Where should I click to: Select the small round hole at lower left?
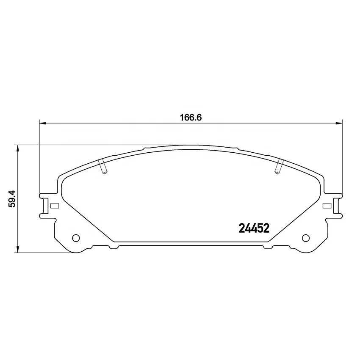coord(76,238)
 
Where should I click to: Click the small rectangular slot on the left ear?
coord(53,206)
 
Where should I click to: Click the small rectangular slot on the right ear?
coord(327,206)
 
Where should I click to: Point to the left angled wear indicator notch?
coord(102,167)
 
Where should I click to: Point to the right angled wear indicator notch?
coord(279,167)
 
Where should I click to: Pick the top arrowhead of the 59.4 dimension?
coord(17,148)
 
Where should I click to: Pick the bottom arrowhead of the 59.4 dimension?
coord(17,250)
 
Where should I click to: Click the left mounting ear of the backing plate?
coord(46,206)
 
